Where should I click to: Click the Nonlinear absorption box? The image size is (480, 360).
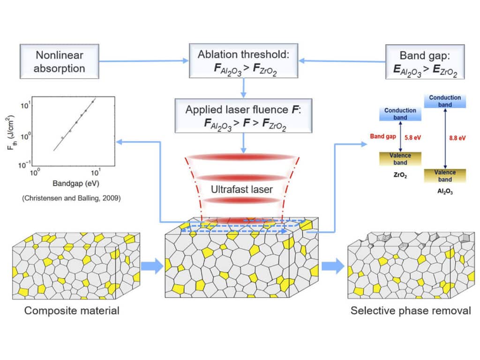tap(60, 61)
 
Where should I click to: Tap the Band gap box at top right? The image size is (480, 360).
tap(425, 61)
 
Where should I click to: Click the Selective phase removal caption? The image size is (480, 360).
tap(411, 310)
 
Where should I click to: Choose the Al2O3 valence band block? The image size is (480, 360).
tap(445, 176)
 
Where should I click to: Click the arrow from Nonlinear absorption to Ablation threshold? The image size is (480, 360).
tap(143, 61)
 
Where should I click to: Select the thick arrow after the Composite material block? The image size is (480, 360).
tap(153, 267)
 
